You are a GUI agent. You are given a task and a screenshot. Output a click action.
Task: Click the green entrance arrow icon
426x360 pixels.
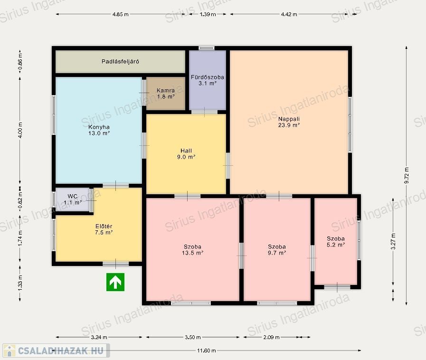point(115,282)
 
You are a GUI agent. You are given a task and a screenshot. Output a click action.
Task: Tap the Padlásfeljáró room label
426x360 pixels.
point(120,61)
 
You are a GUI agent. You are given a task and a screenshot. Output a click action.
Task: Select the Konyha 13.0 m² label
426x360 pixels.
point(99,130)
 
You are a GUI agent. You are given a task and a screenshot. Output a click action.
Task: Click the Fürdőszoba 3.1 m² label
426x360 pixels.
point(207,80)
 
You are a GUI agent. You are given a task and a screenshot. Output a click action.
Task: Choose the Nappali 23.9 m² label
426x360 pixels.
point(289,122)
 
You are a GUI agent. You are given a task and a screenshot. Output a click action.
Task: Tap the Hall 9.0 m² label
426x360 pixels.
point(186,154)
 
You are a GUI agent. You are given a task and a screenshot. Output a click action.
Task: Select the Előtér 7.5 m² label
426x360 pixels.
point(104,229)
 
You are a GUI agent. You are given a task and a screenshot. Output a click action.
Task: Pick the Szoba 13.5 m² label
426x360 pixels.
point(193,250)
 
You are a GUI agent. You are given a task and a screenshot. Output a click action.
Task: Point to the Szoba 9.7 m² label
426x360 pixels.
point(277,250)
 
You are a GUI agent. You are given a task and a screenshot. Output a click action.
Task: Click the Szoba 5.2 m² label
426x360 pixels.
point(336,242)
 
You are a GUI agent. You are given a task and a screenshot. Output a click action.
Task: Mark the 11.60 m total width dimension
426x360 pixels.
point(207,351)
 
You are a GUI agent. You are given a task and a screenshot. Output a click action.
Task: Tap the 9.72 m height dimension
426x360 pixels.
point(407,175)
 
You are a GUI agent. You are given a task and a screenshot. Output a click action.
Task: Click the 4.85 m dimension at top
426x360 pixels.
point(120,14)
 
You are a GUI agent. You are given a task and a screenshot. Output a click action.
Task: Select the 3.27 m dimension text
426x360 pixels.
point(393,241)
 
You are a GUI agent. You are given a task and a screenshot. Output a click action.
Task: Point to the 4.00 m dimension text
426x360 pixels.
point(20,130)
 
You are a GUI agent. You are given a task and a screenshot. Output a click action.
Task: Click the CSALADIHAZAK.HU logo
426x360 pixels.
point(56,351)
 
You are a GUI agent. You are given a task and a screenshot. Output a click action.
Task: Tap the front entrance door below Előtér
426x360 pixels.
point(115,264)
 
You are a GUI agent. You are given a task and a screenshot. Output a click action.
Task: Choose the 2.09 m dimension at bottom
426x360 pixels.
point(271,337)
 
